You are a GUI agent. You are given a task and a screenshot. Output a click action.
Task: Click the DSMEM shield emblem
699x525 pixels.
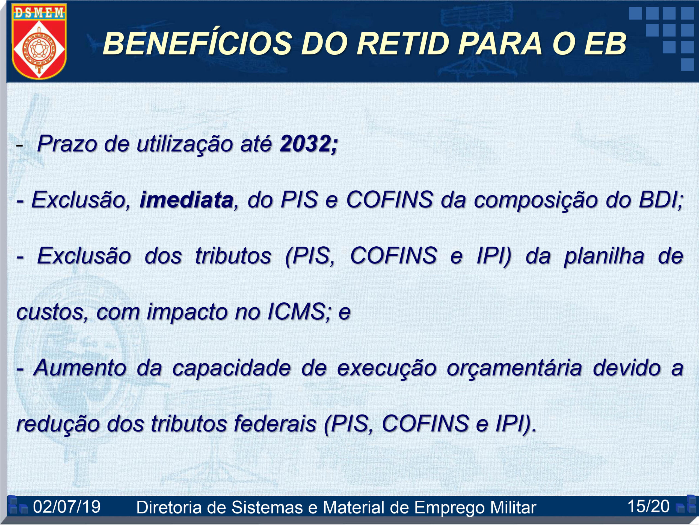pos(39,41)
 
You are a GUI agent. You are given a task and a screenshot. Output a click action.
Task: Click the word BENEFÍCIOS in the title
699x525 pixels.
pos(197,43)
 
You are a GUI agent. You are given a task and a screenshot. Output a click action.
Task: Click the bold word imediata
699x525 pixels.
pos(186,200)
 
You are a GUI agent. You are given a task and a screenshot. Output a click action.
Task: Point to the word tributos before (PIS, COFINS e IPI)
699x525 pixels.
pos(233,256)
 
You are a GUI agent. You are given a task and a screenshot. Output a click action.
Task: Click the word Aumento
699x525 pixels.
pos(79,368)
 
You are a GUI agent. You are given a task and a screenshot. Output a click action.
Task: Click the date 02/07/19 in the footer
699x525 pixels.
pos(67,506)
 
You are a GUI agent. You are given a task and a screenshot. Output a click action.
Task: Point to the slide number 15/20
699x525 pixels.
pos(648,506)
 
